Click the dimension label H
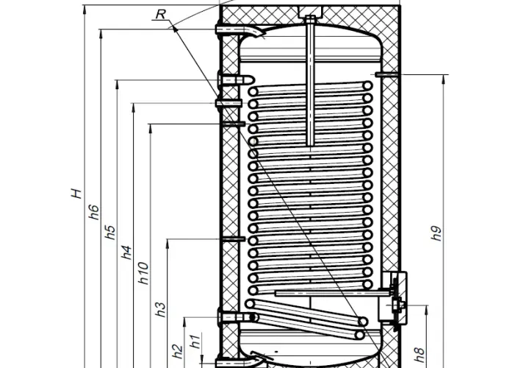76,194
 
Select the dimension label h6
94,212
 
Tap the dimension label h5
110,232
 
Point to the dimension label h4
126,252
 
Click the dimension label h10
143,273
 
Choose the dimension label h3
161,310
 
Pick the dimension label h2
178,351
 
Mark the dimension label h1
195,342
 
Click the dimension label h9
436,233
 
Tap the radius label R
161,14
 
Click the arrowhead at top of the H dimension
84,10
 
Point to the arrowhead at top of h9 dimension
443,79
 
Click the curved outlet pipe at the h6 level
240,30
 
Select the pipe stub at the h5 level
236,80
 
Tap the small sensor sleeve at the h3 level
233,239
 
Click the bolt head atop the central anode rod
310,18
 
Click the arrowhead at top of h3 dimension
168,244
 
